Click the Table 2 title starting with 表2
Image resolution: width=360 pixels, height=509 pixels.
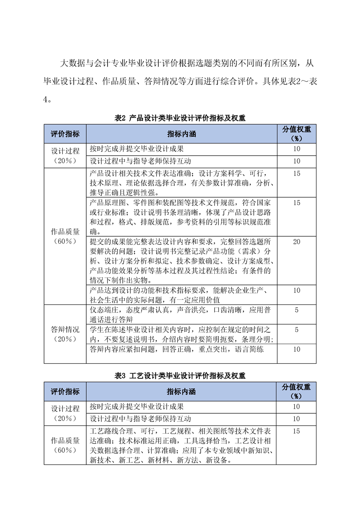tap(180, 118)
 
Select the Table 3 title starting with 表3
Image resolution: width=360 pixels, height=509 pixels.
tap(180, 376)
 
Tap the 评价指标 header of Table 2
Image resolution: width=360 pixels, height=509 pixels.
tap(65, 134)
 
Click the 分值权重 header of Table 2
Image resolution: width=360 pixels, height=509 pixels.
tap(296, 134)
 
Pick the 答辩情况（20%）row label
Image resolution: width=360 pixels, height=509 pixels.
tap(65, 334)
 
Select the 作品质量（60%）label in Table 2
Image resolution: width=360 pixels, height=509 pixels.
tap(65, 236)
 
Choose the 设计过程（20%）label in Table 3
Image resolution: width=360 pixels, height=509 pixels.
tap(65, 413)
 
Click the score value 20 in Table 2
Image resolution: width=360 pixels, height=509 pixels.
tap(296, 242)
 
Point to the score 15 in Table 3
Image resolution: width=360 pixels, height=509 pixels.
tap(296, 431)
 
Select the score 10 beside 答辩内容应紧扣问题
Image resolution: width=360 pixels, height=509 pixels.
tap(296, 349)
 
